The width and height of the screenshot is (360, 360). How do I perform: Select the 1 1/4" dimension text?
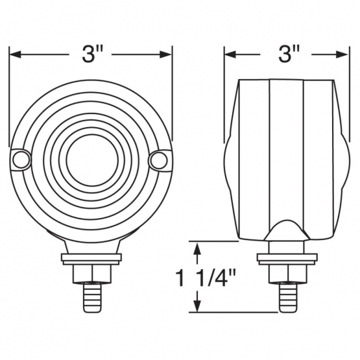(206, 278)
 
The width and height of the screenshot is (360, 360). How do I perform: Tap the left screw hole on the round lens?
(21, 160)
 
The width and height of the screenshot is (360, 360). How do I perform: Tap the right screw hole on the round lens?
(159, 160)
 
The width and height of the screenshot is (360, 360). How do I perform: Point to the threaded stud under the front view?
(91, 298)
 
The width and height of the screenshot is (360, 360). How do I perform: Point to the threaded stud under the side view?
(287, 298)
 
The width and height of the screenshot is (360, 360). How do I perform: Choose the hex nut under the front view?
(92, 273)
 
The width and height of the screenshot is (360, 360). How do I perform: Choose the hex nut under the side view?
(287, 273)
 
